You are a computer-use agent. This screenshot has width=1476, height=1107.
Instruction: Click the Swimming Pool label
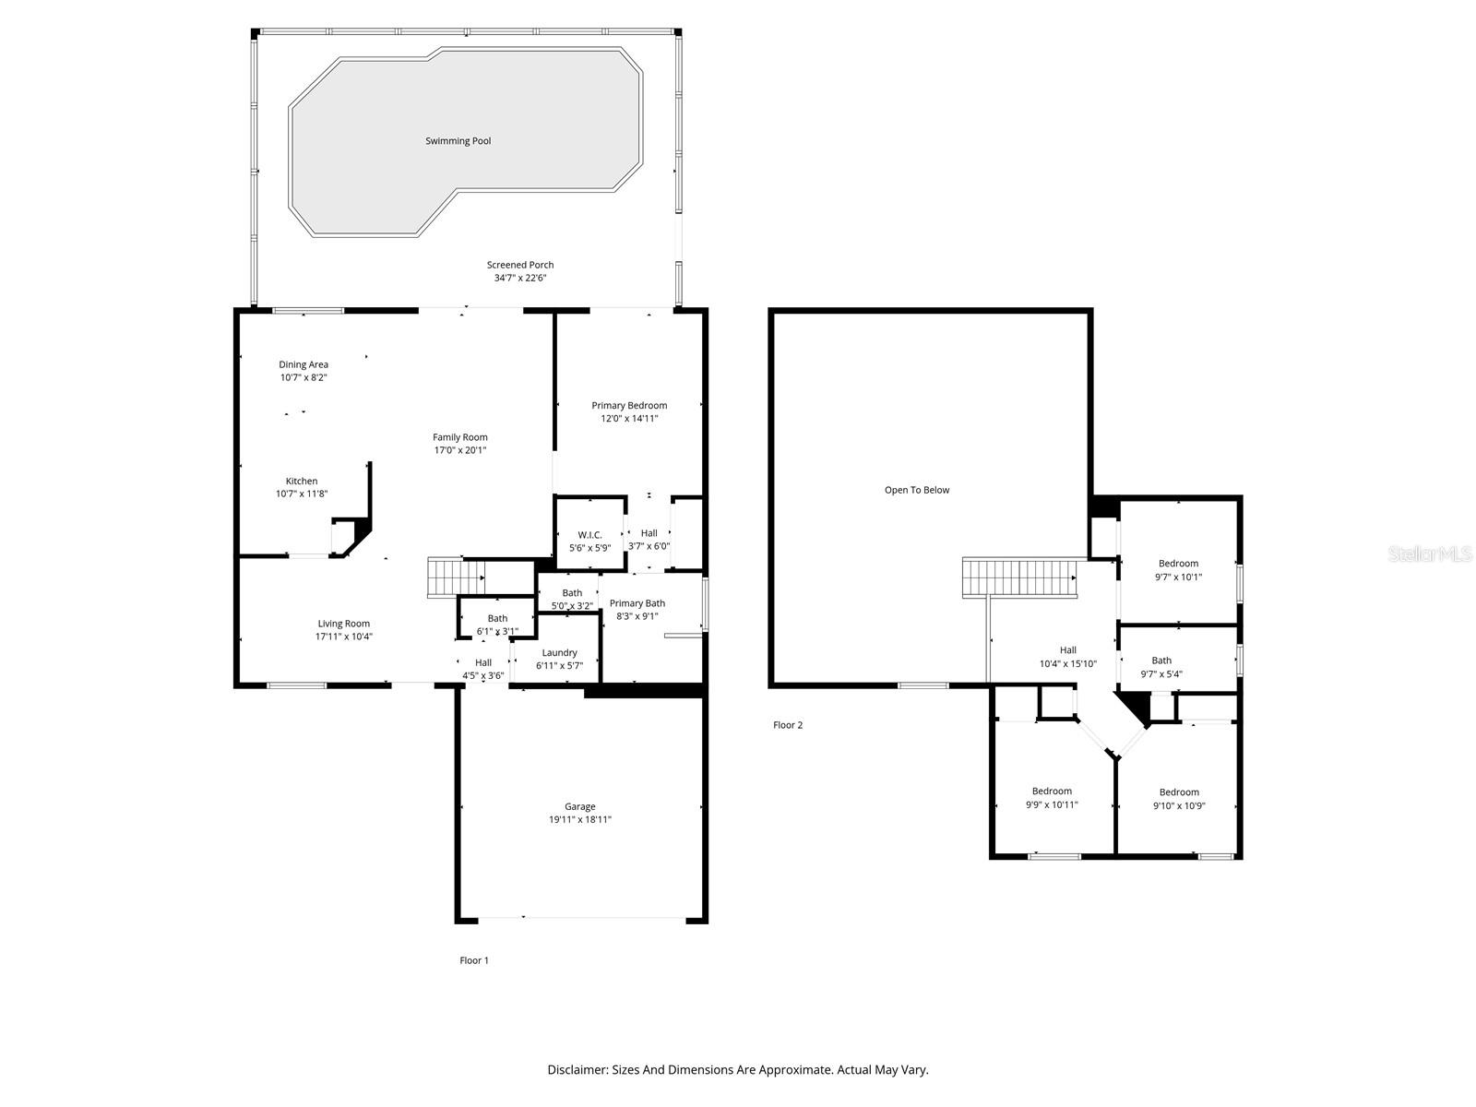point(458,141)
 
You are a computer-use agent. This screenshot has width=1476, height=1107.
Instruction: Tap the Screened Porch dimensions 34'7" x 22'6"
point(520,278)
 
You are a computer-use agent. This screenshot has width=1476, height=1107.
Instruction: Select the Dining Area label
point(304,364)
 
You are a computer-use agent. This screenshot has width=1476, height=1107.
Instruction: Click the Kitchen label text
point(302,481)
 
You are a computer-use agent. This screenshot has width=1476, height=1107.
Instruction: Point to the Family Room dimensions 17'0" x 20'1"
point(460,450)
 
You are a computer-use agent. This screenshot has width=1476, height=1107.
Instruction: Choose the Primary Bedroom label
point(629,405)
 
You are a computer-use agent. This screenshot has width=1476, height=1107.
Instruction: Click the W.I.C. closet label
point(590,535)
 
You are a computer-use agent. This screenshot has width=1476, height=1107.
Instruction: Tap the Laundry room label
point(559,652)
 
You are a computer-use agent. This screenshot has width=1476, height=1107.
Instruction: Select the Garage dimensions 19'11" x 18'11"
point(580,819)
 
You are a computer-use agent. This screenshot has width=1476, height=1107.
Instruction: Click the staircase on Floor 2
point(1020,577)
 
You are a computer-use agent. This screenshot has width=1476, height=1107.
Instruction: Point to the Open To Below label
point(917,490)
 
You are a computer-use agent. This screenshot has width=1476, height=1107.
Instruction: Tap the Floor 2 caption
point(788,725)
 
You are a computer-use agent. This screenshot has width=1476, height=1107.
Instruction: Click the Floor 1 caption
point(474,960)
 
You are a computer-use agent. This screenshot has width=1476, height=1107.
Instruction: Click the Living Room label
point(344,624)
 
